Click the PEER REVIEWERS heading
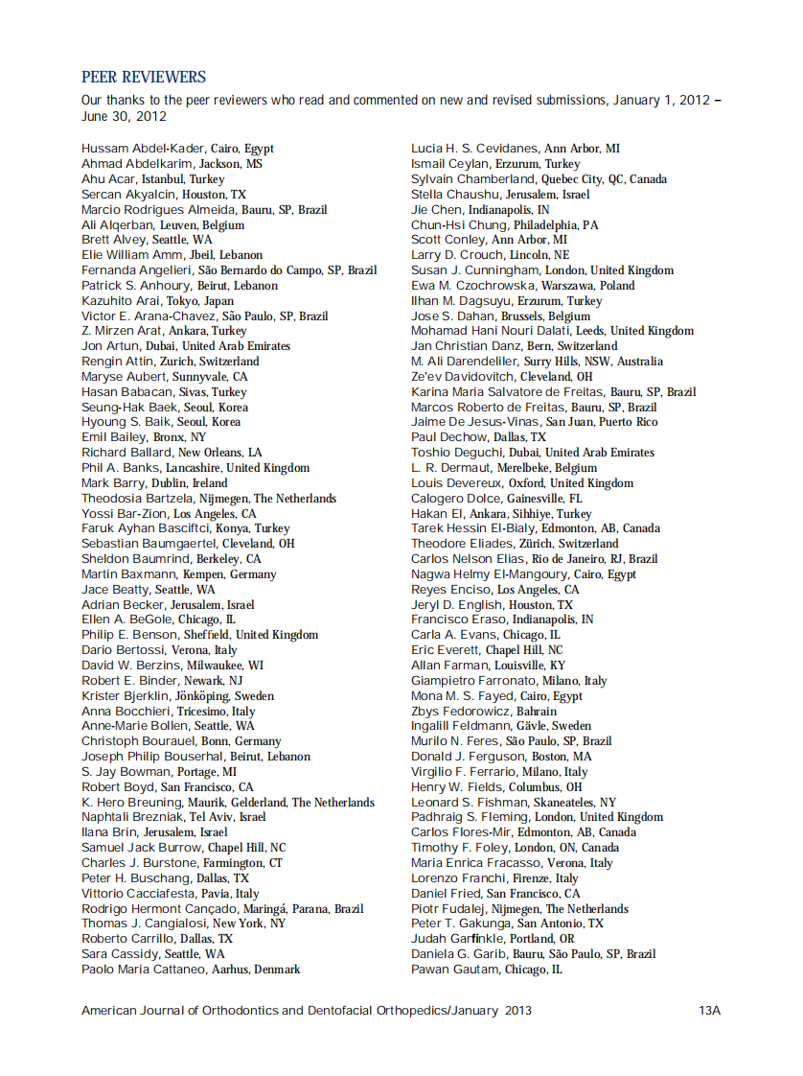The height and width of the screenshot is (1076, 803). [x=144, y=77]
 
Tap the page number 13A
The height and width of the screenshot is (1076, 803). [x=709, y=1011]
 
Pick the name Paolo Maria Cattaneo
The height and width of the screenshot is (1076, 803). [x=150, y=970]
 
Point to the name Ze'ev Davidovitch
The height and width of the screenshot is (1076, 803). [x=464, y=377]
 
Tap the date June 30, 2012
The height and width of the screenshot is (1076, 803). [x=124, y=117]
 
